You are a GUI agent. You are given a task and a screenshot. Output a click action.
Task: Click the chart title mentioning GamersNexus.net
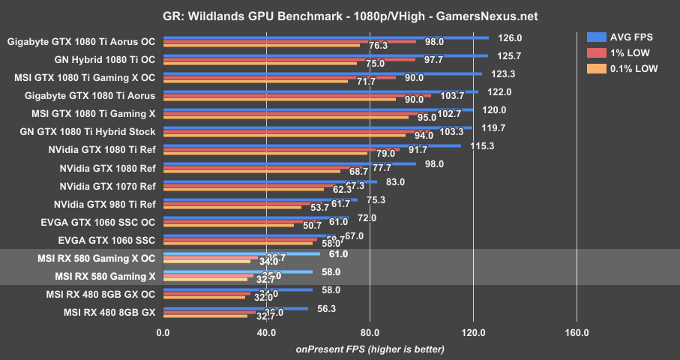[340, 16]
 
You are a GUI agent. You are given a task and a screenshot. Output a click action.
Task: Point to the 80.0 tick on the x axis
[369, 333]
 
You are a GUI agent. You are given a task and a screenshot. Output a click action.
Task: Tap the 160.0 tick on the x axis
[576, 333]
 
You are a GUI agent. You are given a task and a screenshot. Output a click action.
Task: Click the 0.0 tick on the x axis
[162, 333]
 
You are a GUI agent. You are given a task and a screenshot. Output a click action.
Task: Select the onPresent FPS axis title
[370, 349]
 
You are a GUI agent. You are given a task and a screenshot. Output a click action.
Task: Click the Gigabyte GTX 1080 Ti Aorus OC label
[81, 42]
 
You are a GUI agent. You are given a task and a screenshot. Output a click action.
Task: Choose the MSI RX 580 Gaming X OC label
[96, 258]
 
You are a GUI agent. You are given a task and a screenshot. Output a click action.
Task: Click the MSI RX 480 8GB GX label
[109, 312]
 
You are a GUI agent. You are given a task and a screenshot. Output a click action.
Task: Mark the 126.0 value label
[504, 37]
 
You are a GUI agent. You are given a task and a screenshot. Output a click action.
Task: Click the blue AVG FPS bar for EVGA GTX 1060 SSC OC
[255, 217]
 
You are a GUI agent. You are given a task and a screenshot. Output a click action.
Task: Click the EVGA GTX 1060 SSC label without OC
[107, 240]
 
